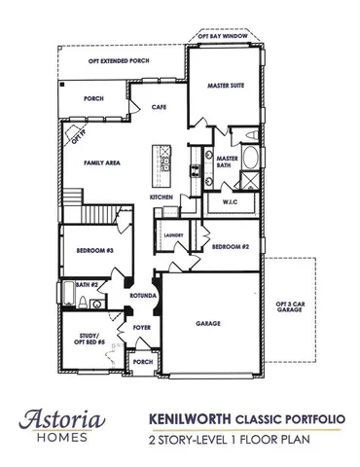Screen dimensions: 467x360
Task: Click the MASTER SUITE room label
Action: pos(225,87)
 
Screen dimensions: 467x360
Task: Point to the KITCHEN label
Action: pos(161,198)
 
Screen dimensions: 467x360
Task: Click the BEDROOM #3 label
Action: pos(94,252)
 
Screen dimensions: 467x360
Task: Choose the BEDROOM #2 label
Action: pos(232,247)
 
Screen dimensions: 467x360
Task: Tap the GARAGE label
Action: pos(207,323)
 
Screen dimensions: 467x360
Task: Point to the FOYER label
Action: pos(142,328)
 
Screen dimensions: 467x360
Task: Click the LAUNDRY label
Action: pos(174,235)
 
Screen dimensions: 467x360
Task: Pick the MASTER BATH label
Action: pos(228,162)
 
